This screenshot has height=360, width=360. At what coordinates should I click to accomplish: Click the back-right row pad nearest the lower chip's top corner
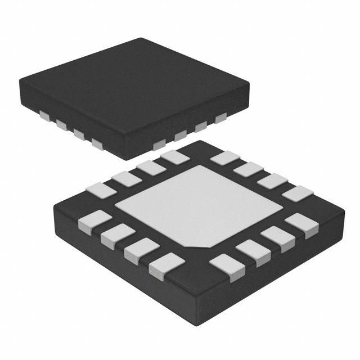pos(225,157)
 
